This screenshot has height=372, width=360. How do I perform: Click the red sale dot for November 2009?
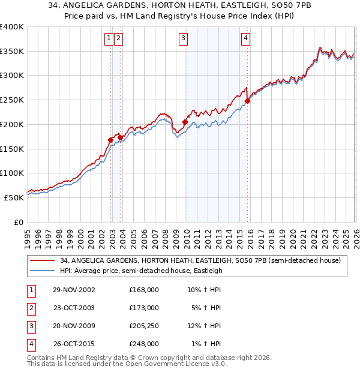click(x=185, y=122)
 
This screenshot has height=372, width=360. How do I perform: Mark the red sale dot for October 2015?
click(x=247, y=101)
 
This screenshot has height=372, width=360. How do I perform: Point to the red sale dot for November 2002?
click(x=111, y=140)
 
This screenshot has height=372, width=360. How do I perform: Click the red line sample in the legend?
click(x=43, y=260)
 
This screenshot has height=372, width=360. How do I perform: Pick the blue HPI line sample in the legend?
click(x=43, y=271)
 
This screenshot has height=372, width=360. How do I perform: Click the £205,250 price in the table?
click(x=144, y=326)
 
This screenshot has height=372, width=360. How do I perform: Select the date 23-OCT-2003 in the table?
click(x=74, y=308)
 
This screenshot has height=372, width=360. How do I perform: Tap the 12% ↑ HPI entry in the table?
click(x=204, y=326)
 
